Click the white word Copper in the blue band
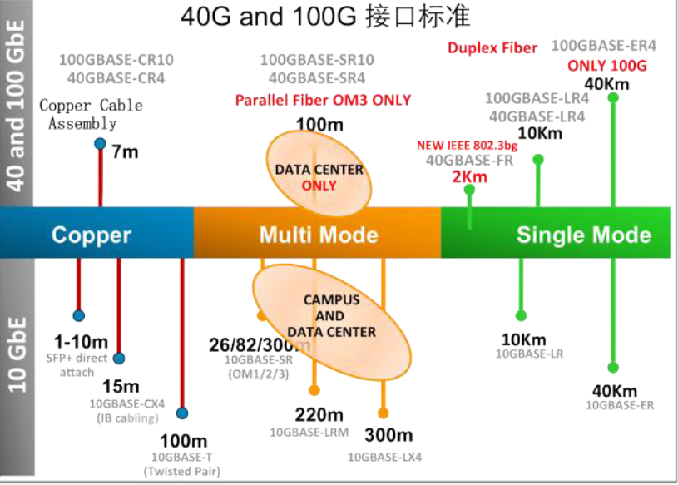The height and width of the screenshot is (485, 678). coord(92,235)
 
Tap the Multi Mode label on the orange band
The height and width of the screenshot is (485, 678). coord(318,235)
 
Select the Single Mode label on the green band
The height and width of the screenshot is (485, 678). coord(583,235)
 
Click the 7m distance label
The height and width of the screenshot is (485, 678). coord(125,152)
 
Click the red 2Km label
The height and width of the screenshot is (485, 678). coord(469,176)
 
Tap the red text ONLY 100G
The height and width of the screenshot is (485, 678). coord(606,66)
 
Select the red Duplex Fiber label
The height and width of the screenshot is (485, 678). coord(492,47)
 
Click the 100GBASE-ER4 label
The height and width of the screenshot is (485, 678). coord(604,45)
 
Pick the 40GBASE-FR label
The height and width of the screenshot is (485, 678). coord(469,161)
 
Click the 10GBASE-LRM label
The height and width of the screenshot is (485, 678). coord(309,432)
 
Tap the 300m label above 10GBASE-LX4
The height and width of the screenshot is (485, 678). coord(388,435)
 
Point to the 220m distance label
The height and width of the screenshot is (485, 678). coord(319,414)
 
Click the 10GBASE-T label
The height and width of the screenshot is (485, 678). coord(183,457)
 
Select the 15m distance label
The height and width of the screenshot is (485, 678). coord(121,386)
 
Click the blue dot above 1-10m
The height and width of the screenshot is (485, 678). coord(78,316)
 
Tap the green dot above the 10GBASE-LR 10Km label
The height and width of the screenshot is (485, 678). coord(522,315)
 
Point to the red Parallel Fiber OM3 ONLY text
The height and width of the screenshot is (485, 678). coord(323,100)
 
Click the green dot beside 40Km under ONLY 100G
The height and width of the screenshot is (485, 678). coord(613,97)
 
